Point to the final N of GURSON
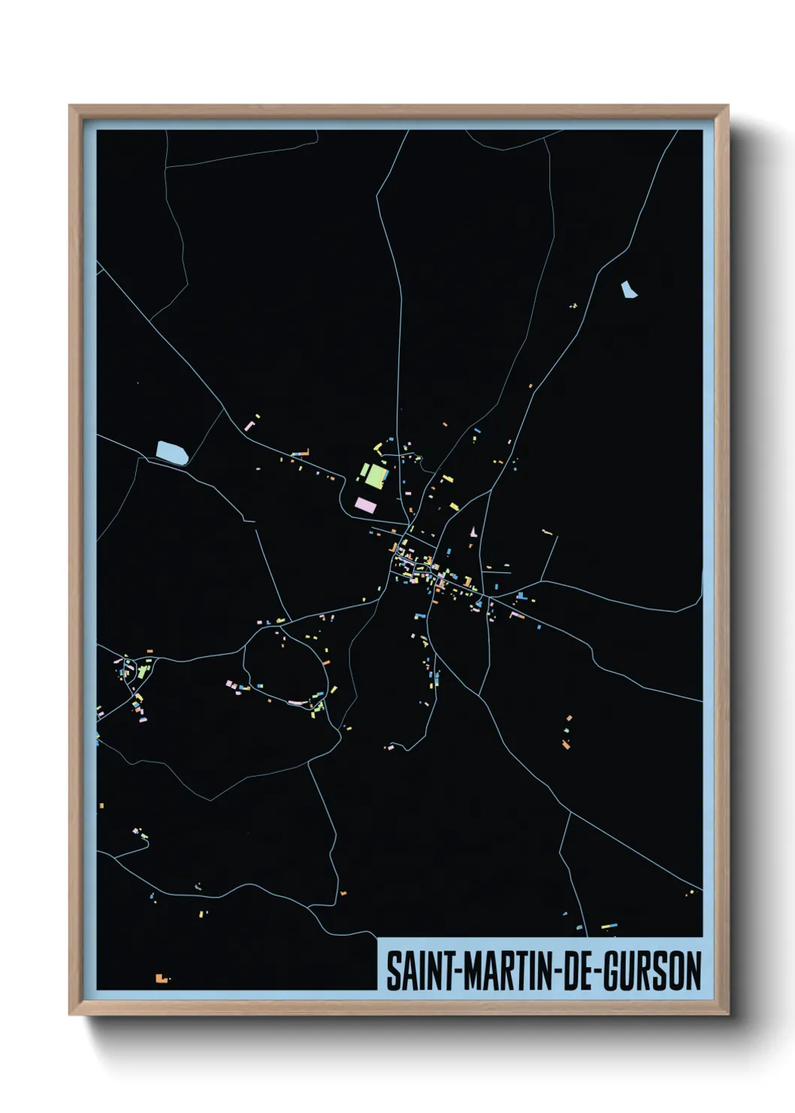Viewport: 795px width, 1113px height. (x=694, y=970)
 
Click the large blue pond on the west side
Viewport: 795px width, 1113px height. (x=172, y=453)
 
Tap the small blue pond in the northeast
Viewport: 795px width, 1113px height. (x=628, y=289)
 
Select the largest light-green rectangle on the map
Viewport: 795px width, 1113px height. (x=376, y=476)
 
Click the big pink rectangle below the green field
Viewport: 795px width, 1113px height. (x=365, y=505)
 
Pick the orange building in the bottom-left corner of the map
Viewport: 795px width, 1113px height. (x=160, y=978)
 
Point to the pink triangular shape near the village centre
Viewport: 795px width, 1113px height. (x=473, y=532)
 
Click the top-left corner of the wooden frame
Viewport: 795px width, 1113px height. (x=70, y=106)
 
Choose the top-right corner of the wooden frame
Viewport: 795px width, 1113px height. (x=727, y=106)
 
